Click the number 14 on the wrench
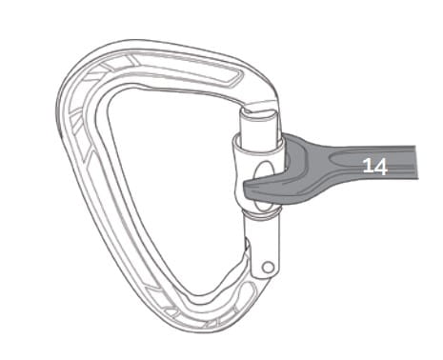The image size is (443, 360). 374,166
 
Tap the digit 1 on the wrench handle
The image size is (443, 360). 368,166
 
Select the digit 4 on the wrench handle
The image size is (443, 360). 381,167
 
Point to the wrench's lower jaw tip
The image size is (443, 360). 245,190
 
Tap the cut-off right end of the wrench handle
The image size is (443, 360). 415,162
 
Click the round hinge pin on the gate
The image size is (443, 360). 269,267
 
